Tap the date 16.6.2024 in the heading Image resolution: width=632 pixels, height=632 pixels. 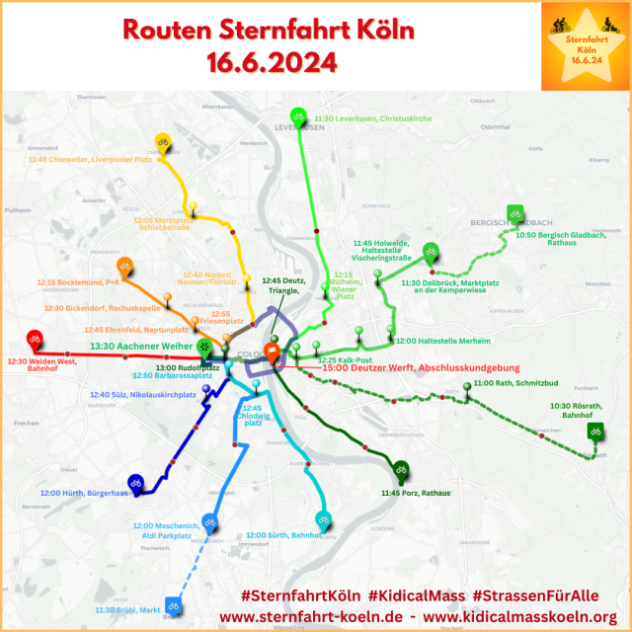272,63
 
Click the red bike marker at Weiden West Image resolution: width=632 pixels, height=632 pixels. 35,340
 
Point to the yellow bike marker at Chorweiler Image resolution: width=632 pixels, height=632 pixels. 164,142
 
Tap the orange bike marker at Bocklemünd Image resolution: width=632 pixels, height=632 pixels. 125,267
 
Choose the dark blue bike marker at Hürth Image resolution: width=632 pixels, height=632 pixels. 135,483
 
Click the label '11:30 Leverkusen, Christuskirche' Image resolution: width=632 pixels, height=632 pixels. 373,118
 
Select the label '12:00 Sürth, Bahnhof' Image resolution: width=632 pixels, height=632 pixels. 283,535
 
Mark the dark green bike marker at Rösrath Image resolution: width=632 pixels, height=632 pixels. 594,432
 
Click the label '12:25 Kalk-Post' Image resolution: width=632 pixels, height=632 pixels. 345,359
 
